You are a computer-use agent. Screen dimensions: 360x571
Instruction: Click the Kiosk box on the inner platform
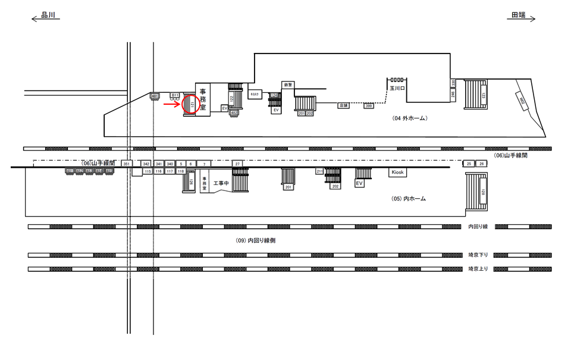point(397,173)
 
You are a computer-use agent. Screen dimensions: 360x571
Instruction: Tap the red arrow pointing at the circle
point(172,104)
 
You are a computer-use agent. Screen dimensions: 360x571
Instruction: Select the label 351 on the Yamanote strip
point(126,164)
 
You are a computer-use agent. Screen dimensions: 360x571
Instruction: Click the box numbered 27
point(237,164)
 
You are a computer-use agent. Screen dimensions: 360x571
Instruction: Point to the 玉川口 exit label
point(396,87)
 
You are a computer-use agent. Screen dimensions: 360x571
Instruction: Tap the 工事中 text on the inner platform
point(221,183)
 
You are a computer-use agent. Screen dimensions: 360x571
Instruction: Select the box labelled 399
point(369,106)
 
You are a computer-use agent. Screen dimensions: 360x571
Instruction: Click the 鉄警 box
point(288,84)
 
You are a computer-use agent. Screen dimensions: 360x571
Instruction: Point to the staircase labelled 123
point(476,95)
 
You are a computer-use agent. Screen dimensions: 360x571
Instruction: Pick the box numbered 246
point(453,95)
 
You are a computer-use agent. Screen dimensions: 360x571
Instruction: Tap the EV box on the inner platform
point(359,184)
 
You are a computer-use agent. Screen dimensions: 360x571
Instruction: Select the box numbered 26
point(481,164)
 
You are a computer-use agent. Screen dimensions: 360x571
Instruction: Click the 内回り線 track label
point(478,227)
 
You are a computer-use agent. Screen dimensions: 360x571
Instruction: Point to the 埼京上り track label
point(478,269)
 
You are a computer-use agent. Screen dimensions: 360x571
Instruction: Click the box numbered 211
point(319,172)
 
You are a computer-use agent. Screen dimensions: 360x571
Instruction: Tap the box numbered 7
point(204,164)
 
